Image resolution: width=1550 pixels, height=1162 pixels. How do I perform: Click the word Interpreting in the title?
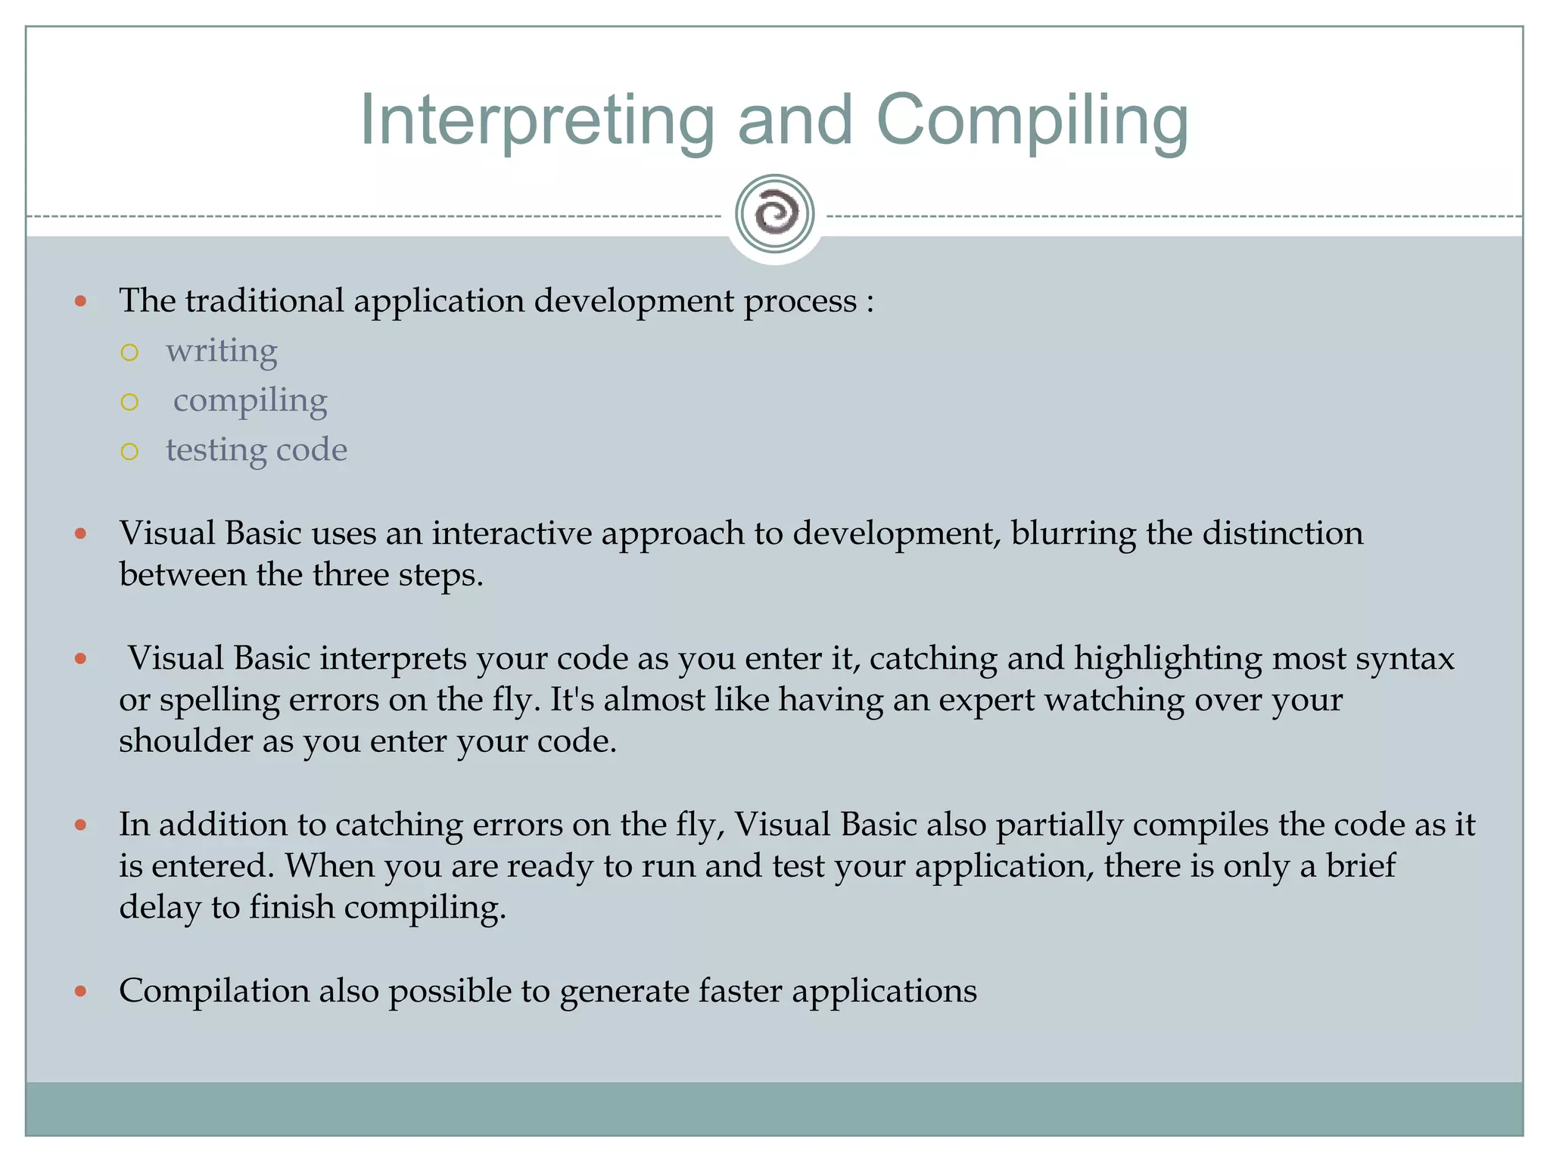[537, 121]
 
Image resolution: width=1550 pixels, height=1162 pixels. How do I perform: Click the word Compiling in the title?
[1032, 121]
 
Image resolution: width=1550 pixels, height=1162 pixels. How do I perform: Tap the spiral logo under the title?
[774, 214]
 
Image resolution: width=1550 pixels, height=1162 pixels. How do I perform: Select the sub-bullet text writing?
[222, 351]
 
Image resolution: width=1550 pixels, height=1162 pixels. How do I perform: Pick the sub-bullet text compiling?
[251, 401]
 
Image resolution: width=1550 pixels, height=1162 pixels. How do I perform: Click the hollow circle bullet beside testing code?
[129, 452]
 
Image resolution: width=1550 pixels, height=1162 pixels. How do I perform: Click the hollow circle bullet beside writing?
[129, 353]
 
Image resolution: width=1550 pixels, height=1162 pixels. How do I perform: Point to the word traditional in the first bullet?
[264, 301]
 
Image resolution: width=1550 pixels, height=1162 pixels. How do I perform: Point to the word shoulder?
[186, 741]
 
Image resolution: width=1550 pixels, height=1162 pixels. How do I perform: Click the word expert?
[986, 700]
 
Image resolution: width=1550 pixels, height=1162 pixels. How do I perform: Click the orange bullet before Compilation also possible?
[81, 991]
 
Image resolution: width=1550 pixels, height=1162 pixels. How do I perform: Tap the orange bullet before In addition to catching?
[81, 825]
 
